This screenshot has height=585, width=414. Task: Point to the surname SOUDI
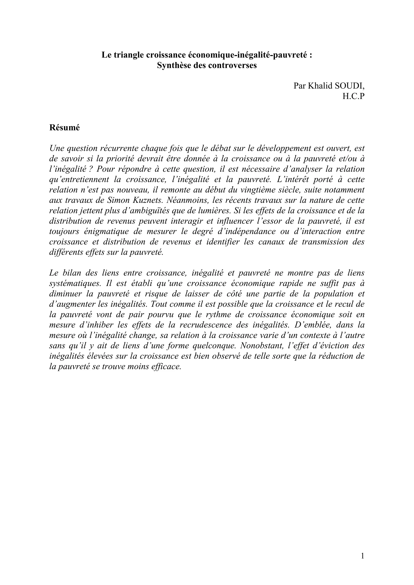[x=349, y=86]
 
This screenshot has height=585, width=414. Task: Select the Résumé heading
[x=64, y=128]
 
